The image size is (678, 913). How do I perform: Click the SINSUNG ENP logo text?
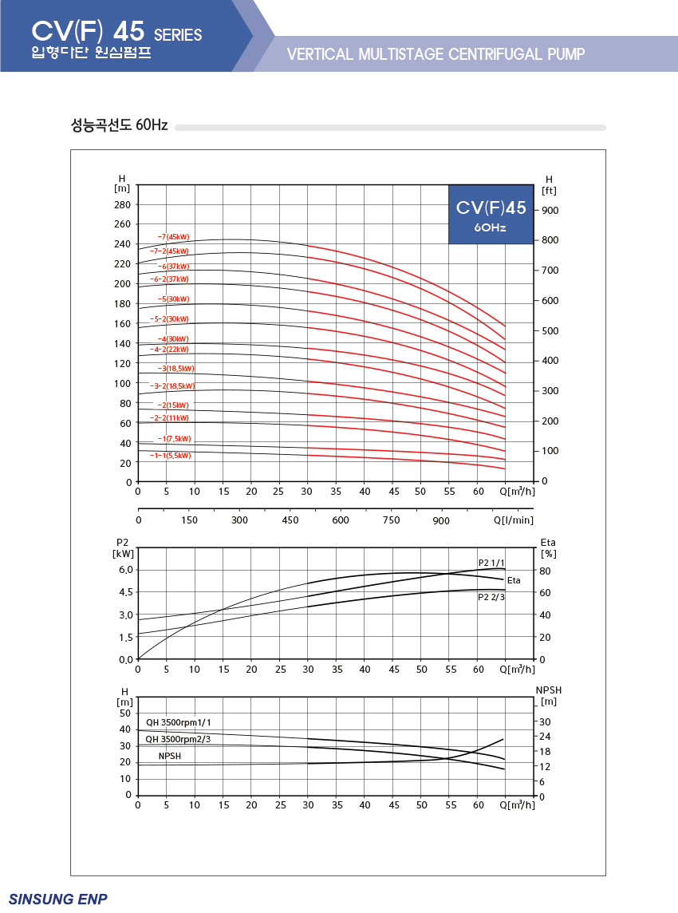point(57,899)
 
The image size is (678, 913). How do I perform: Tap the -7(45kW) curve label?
point(173,237)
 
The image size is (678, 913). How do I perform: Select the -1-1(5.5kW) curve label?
point(170,456)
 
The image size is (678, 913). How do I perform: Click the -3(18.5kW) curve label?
point(175,369)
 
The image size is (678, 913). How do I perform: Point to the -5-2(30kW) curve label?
point(169,319)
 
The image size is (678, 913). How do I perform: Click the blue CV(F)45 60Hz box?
point(491,214)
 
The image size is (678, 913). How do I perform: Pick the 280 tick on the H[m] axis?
point(122,205)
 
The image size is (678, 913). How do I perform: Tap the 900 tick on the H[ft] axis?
point(550,210)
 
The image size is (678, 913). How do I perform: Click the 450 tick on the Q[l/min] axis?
point(290,520)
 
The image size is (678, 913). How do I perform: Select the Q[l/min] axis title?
point(514,520)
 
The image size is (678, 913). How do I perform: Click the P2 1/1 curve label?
point(491,563)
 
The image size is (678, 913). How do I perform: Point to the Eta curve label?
point(514,580)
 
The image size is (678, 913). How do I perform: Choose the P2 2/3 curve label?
point(491,597)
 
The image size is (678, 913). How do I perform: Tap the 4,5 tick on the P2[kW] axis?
point(126,592)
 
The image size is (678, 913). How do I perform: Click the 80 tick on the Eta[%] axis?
point(545,571)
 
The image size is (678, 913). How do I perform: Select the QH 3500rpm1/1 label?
point(178,722)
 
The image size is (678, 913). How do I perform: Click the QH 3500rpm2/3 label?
point(178,739)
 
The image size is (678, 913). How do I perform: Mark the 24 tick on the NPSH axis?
point(545,736)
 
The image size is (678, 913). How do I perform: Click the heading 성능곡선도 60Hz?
point(120,125)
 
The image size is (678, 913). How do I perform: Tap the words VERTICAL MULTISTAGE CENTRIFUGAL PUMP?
point(436,54)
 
